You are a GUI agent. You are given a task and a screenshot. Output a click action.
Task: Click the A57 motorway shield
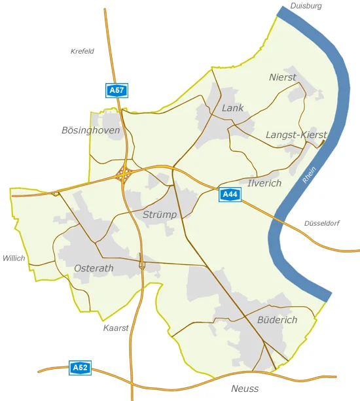pos(117,91)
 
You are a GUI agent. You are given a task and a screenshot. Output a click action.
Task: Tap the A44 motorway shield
pos(230,194)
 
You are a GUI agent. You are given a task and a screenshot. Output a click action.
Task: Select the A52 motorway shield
pos(80,368)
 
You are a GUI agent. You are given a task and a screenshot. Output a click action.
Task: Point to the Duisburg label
pos(306,6)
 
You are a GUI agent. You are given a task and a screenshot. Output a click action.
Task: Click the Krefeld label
pos(82,51)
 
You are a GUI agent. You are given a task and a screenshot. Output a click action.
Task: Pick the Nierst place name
pos(283,77)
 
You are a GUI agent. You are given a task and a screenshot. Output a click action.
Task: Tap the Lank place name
pos(232,108)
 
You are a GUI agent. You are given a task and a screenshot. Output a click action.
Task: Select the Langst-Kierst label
pos(296,135)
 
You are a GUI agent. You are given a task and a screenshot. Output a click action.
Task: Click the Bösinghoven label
pos(91,131)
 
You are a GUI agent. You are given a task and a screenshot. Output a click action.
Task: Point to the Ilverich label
pos(264,183)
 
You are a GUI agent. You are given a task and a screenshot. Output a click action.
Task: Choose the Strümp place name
pos(160,215)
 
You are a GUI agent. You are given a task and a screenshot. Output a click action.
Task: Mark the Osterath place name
pos(94,268)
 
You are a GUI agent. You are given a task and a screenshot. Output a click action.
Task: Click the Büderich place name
pos(278,320)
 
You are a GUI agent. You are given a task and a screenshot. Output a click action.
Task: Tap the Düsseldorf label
pos(321,224)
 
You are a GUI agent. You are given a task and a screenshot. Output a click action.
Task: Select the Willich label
pos(14,258)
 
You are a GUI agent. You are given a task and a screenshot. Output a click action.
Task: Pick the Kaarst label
pos(116,328)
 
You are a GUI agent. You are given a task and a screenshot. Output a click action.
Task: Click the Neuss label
pos(245,389)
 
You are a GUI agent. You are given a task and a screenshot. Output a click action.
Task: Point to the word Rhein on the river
pos(310,175)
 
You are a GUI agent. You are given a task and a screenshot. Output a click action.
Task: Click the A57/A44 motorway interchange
pos(124,174)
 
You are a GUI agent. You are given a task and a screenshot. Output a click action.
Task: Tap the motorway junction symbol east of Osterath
pos(141,264)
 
